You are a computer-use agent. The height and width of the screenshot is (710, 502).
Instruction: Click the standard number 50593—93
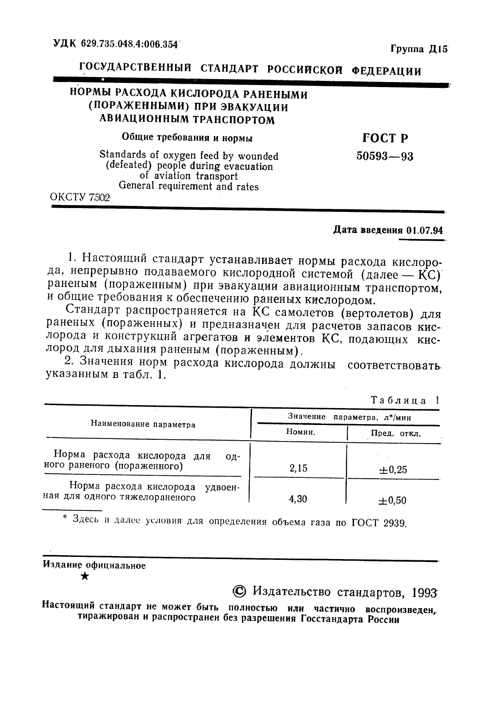pos(384,156)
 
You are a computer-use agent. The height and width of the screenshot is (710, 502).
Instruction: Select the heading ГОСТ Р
pos(385,138)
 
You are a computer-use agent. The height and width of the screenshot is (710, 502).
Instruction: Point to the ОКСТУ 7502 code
pos(80,197)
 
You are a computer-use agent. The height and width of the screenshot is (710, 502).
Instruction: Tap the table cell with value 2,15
pos(298,468)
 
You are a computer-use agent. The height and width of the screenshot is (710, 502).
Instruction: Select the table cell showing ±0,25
pos(393,470)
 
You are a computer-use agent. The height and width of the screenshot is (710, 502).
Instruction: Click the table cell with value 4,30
pos(298,499)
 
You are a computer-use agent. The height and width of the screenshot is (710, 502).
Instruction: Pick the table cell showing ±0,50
pos(393,501)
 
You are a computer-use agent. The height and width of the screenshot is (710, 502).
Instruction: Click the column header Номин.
pos(301,432)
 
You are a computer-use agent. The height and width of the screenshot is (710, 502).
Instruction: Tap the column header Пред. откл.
pos(396,433)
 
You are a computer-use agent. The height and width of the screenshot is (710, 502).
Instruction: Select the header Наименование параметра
pos(143,425)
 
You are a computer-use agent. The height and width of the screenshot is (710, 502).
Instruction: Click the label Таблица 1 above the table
pos(405,400)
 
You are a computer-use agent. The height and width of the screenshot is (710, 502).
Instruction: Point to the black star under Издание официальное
pos(85,576)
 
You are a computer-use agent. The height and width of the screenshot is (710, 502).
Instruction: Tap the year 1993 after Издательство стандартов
pos(423,592)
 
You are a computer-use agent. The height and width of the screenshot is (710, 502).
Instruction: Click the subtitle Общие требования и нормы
pos(187,138)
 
